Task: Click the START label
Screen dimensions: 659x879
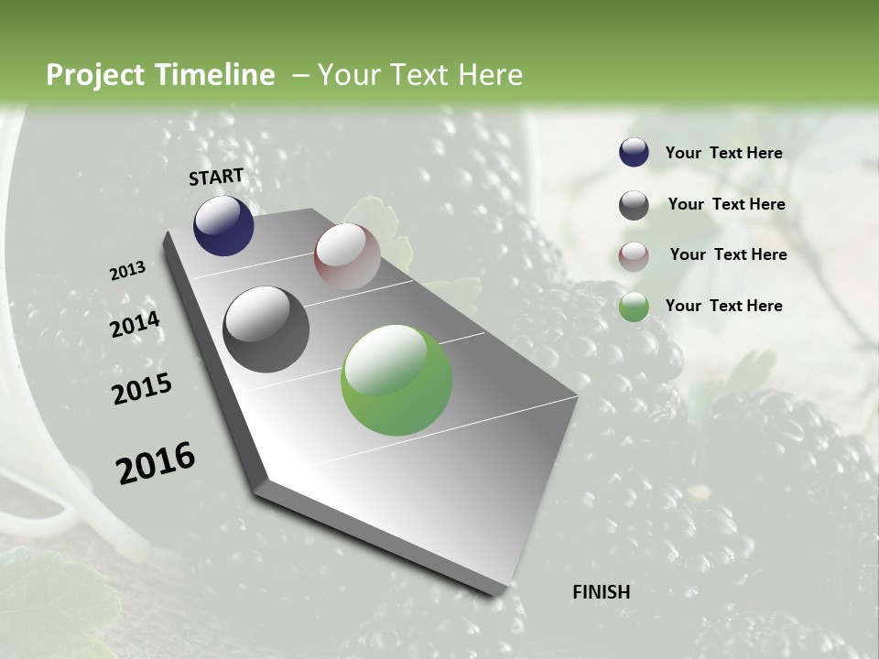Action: click(x=216, y=177)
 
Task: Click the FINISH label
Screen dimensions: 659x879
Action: click(x=601, y=592)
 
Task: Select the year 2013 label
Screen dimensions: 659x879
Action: click(x=127, y=271)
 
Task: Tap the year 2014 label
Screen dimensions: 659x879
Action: click(x=135, y=325)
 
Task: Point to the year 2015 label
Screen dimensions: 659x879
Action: click(x=142, y=389)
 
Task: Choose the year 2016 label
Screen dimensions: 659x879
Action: click(x=156, y=463)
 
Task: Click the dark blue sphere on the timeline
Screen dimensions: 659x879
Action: click(x=223, y=226)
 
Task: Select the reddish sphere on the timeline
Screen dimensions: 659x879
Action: click(x=347, y=256)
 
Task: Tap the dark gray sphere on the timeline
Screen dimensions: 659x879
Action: click(x=266, y=329)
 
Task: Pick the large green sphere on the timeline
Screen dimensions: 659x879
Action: click(x=396, y=380)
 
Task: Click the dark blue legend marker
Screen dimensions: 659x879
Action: click(x=634, y=153)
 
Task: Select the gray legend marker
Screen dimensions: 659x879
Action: click(x=634, y=205)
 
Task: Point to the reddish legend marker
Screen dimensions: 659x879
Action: click(x=634, y=256)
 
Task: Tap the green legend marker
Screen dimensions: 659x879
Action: click(x=634, y=307)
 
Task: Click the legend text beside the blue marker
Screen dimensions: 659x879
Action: click(x=723, y=154)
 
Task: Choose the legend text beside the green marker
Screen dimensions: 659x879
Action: click(x=723, y=306)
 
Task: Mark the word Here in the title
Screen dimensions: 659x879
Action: click(x=490, y=75)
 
